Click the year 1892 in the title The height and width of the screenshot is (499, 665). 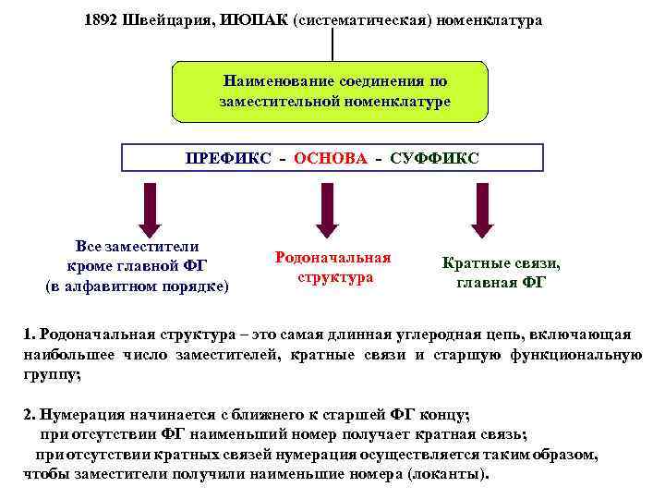pyautogui.click(x=101, y=20)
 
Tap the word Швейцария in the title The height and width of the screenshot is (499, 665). pyautogui.click(x=167, y=20)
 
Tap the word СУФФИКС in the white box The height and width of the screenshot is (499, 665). pyautogui.click(x=434, y=158)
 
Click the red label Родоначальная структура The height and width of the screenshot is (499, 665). pyautogui.click(x=333, y=267)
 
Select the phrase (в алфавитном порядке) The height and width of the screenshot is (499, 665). pyautogui.click(x=137, y=286)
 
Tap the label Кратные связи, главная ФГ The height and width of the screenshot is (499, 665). pyautogui.click(x=501, y=274)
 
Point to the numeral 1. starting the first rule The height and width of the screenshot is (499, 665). pyautogui.click(x=29, y=333)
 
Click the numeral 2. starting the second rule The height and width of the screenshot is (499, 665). pyautogui.click(x=29, y=415)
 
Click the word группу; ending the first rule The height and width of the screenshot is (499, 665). pyautogui.click(x=52, y=375)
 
